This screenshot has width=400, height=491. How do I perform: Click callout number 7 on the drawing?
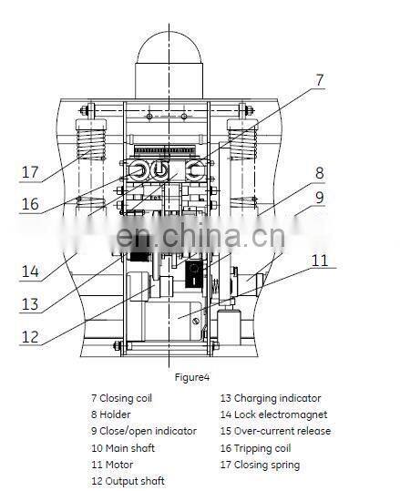[319, 80]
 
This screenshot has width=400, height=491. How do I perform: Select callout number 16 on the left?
[31, 204]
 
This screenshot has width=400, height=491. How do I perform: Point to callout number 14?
[31, 270]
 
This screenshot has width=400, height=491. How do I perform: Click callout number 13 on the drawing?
[31, 304]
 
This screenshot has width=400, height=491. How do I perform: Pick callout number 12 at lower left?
[31, 336]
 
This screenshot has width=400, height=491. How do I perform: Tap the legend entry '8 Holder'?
[112, 414]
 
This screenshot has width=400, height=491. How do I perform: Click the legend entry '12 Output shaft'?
[128, 480]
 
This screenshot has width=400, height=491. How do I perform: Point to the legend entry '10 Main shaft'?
[123, 447]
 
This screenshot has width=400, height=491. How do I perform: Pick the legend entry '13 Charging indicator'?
[271, 398]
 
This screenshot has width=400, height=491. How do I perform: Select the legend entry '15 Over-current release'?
[275, 431]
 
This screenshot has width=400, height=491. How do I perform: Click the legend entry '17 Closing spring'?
[260, 464]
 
